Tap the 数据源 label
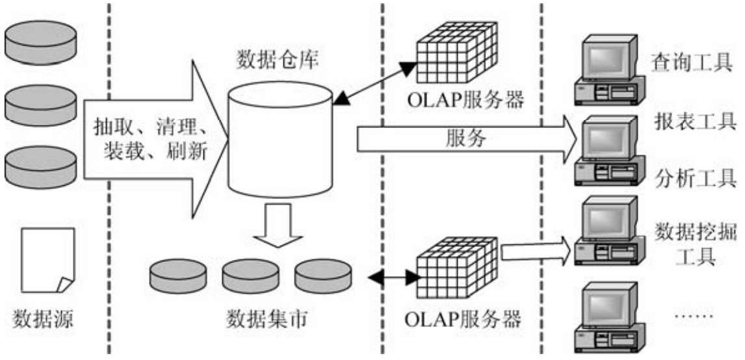pyautogui.click(x=43, y=320)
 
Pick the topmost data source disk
pyautogui.click(x=41, y=40)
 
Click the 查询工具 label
pyautogui.click(x=692, y=64)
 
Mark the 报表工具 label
pyautogui.click(x=692, y=121)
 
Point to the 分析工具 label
pyautogui.click(x=692, y=176)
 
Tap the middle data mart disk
pyautogui.click(x=250, y=276)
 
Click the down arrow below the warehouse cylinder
pyautogui.click(x=278, y=227)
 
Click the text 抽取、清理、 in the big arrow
pyautogui.click(x=151, y=125)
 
